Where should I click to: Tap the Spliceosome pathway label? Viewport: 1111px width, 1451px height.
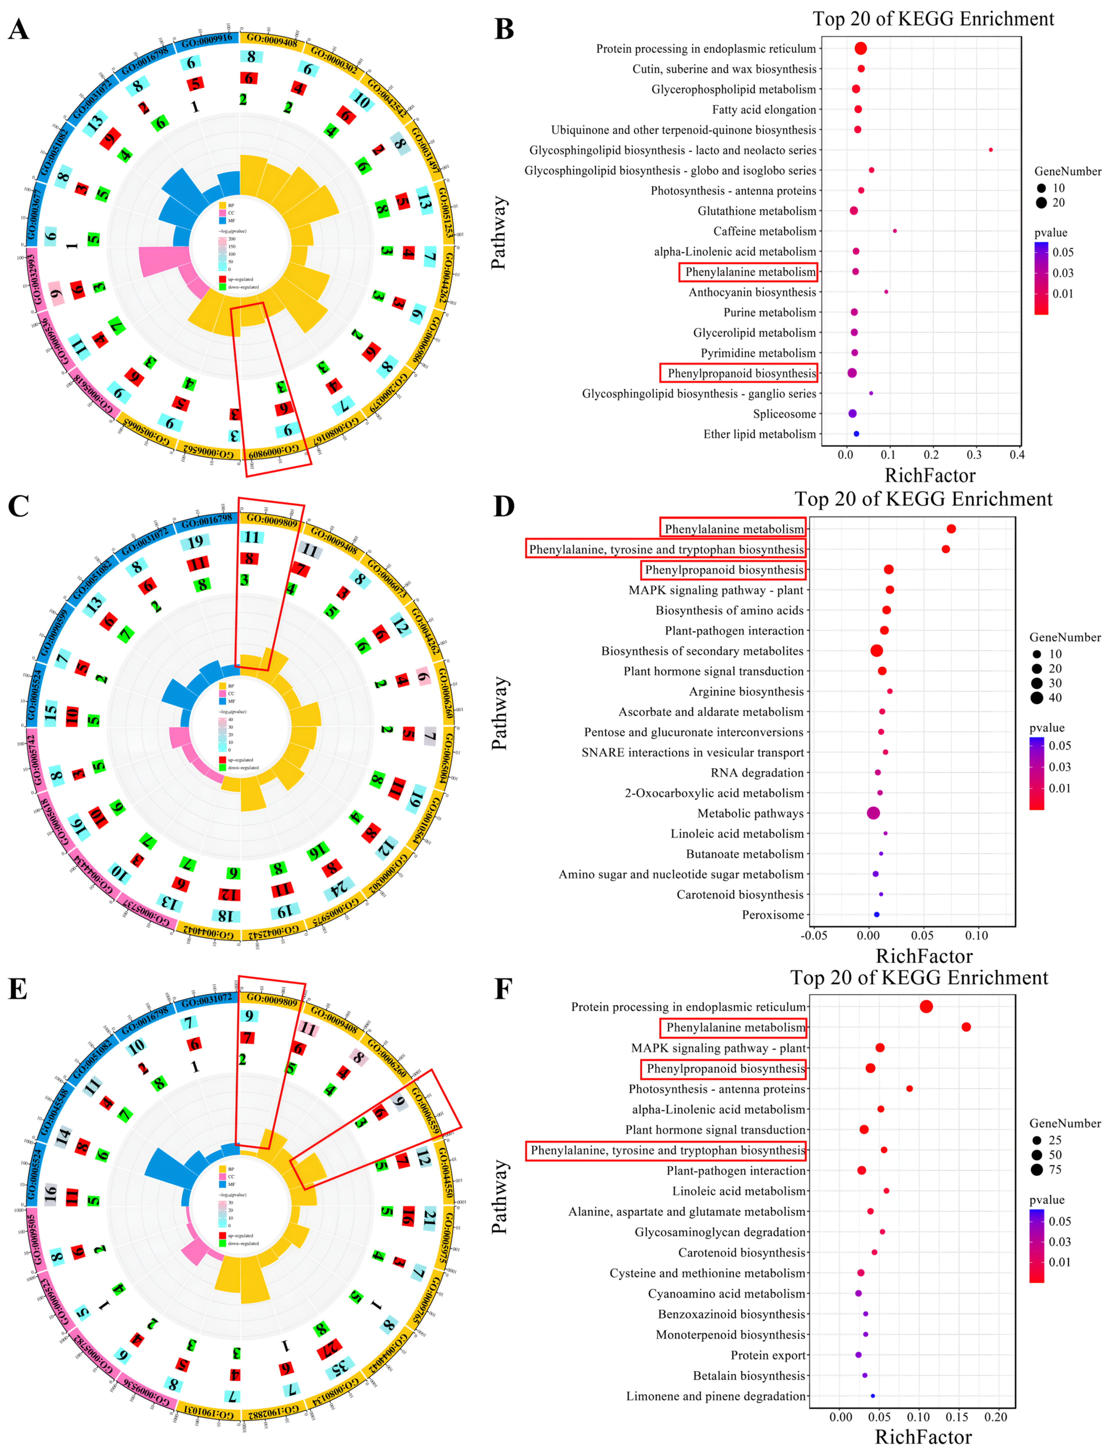click(784, 414)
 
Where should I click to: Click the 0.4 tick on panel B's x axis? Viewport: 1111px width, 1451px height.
click(1017, 455)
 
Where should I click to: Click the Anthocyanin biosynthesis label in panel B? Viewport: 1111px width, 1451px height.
click(753, 292)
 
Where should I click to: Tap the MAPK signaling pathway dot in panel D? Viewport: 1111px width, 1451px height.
click(889, 590)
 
